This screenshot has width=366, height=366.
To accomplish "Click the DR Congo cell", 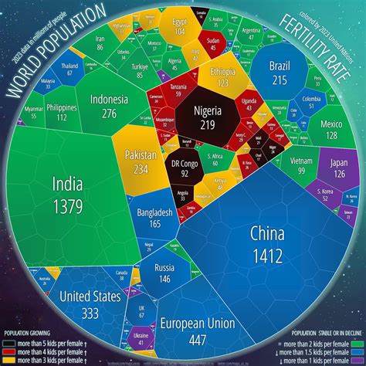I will (x=185, y=168).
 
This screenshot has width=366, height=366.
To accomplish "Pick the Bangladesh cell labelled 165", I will (x=150, y=218).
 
